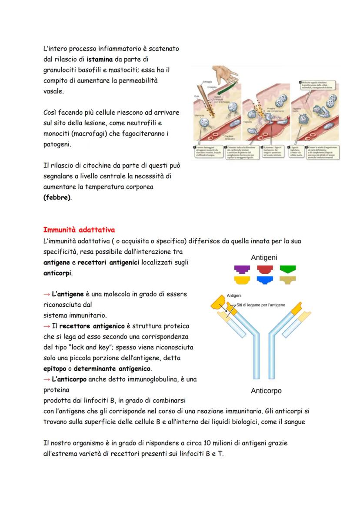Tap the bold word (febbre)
pyautogui.click(x=57, y=198)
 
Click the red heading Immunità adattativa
pyautogui.click(x=79, y=229)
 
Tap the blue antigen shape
pyautogui.click(x=264, y=280)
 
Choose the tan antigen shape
pyautogui.click(x=287, y=280)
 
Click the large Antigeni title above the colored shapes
pyautogui.click(x=264, y=258)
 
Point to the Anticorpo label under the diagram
pyautogui.click(x=266, y=391)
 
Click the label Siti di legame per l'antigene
pyautogui.click(x=261, y=305)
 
